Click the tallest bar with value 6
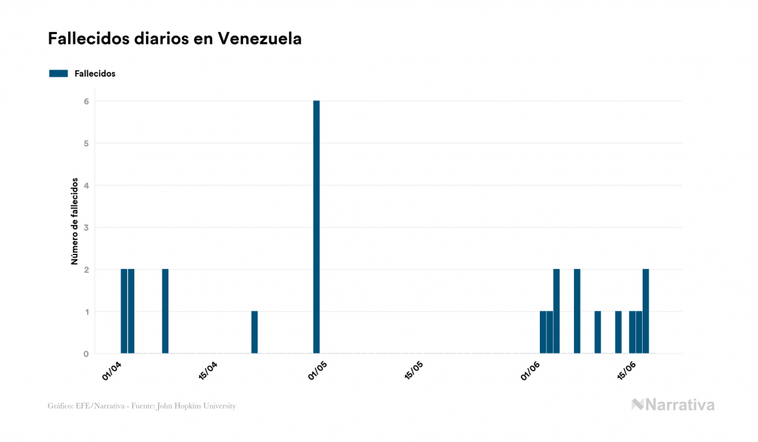pyautogui.click(x=316, y=227)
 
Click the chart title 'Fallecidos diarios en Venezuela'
pyautogui.click(x=175, y=39)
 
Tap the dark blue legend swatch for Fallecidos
pyautogui.click(x=58, y=73)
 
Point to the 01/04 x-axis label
pyautogui.click(x=113, y=370)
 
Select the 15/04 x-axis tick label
pyautogui.click(x=208, y=370)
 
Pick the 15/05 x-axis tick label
pyautogui.click(x=414, y=370)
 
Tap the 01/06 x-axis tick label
pyautogui.click(x=531, y=370)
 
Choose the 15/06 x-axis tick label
pyautogui.click(x=627, y=370)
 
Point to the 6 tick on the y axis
pyautogui.click(x=86, y=101)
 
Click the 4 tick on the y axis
pyautogui.click(x=86, y=186)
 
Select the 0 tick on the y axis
pyautogui.click(x=86, y=354)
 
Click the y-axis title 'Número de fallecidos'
pyautogui.click(x=75, y=221)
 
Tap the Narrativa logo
pyautogui.click(x=673, y=405)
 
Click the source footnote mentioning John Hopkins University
pyautogui.click(x=142, y=406)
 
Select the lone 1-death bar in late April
pyautogui.click(x=254, y=332)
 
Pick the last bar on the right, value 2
pyautogui.click(x=646, y=311)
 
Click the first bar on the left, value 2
pyautogui.click(x=124, y=311)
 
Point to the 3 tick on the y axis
pyautogui.click(x=86, y=228)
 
